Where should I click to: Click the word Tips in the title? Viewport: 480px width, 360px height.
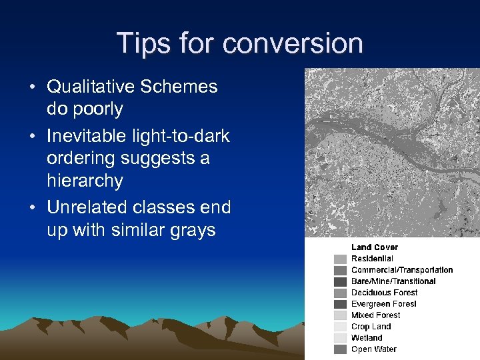(141, 43)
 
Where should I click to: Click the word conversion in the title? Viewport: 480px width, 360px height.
(293, 44)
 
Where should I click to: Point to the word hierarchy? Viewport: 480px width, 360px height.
(85, 181)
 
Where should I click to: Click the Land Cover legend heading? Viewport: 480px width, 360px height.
(374, 247)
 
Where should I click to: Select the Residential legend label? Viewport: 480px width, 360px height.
(372, 259)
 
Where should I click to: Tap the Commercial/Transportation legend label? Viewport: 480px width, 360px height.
(401, 270)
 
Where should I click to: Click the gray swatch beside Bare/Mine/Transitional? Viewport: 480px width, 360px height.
(340, 281)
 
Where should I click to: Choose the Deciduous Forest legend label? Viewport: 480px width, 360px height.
(384, 293)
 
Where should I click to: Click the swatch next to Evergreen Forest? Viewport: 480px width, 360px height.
(340, 304)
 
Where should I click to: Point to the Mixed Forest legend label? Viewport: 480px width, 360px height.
(375, 315)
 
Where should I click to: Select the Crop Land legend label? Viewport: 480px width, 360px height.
(371, 327)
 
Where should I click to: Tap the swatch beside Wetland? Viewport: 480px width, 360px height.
(340, 338)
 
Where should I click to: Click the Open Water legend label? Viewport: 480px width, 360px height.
(373, 349)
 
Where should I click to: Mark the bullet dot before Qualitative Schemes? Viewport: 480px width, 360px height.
(33, 87)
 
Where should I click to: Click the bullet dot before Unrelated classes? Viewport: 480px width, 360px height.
(33, 208)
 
